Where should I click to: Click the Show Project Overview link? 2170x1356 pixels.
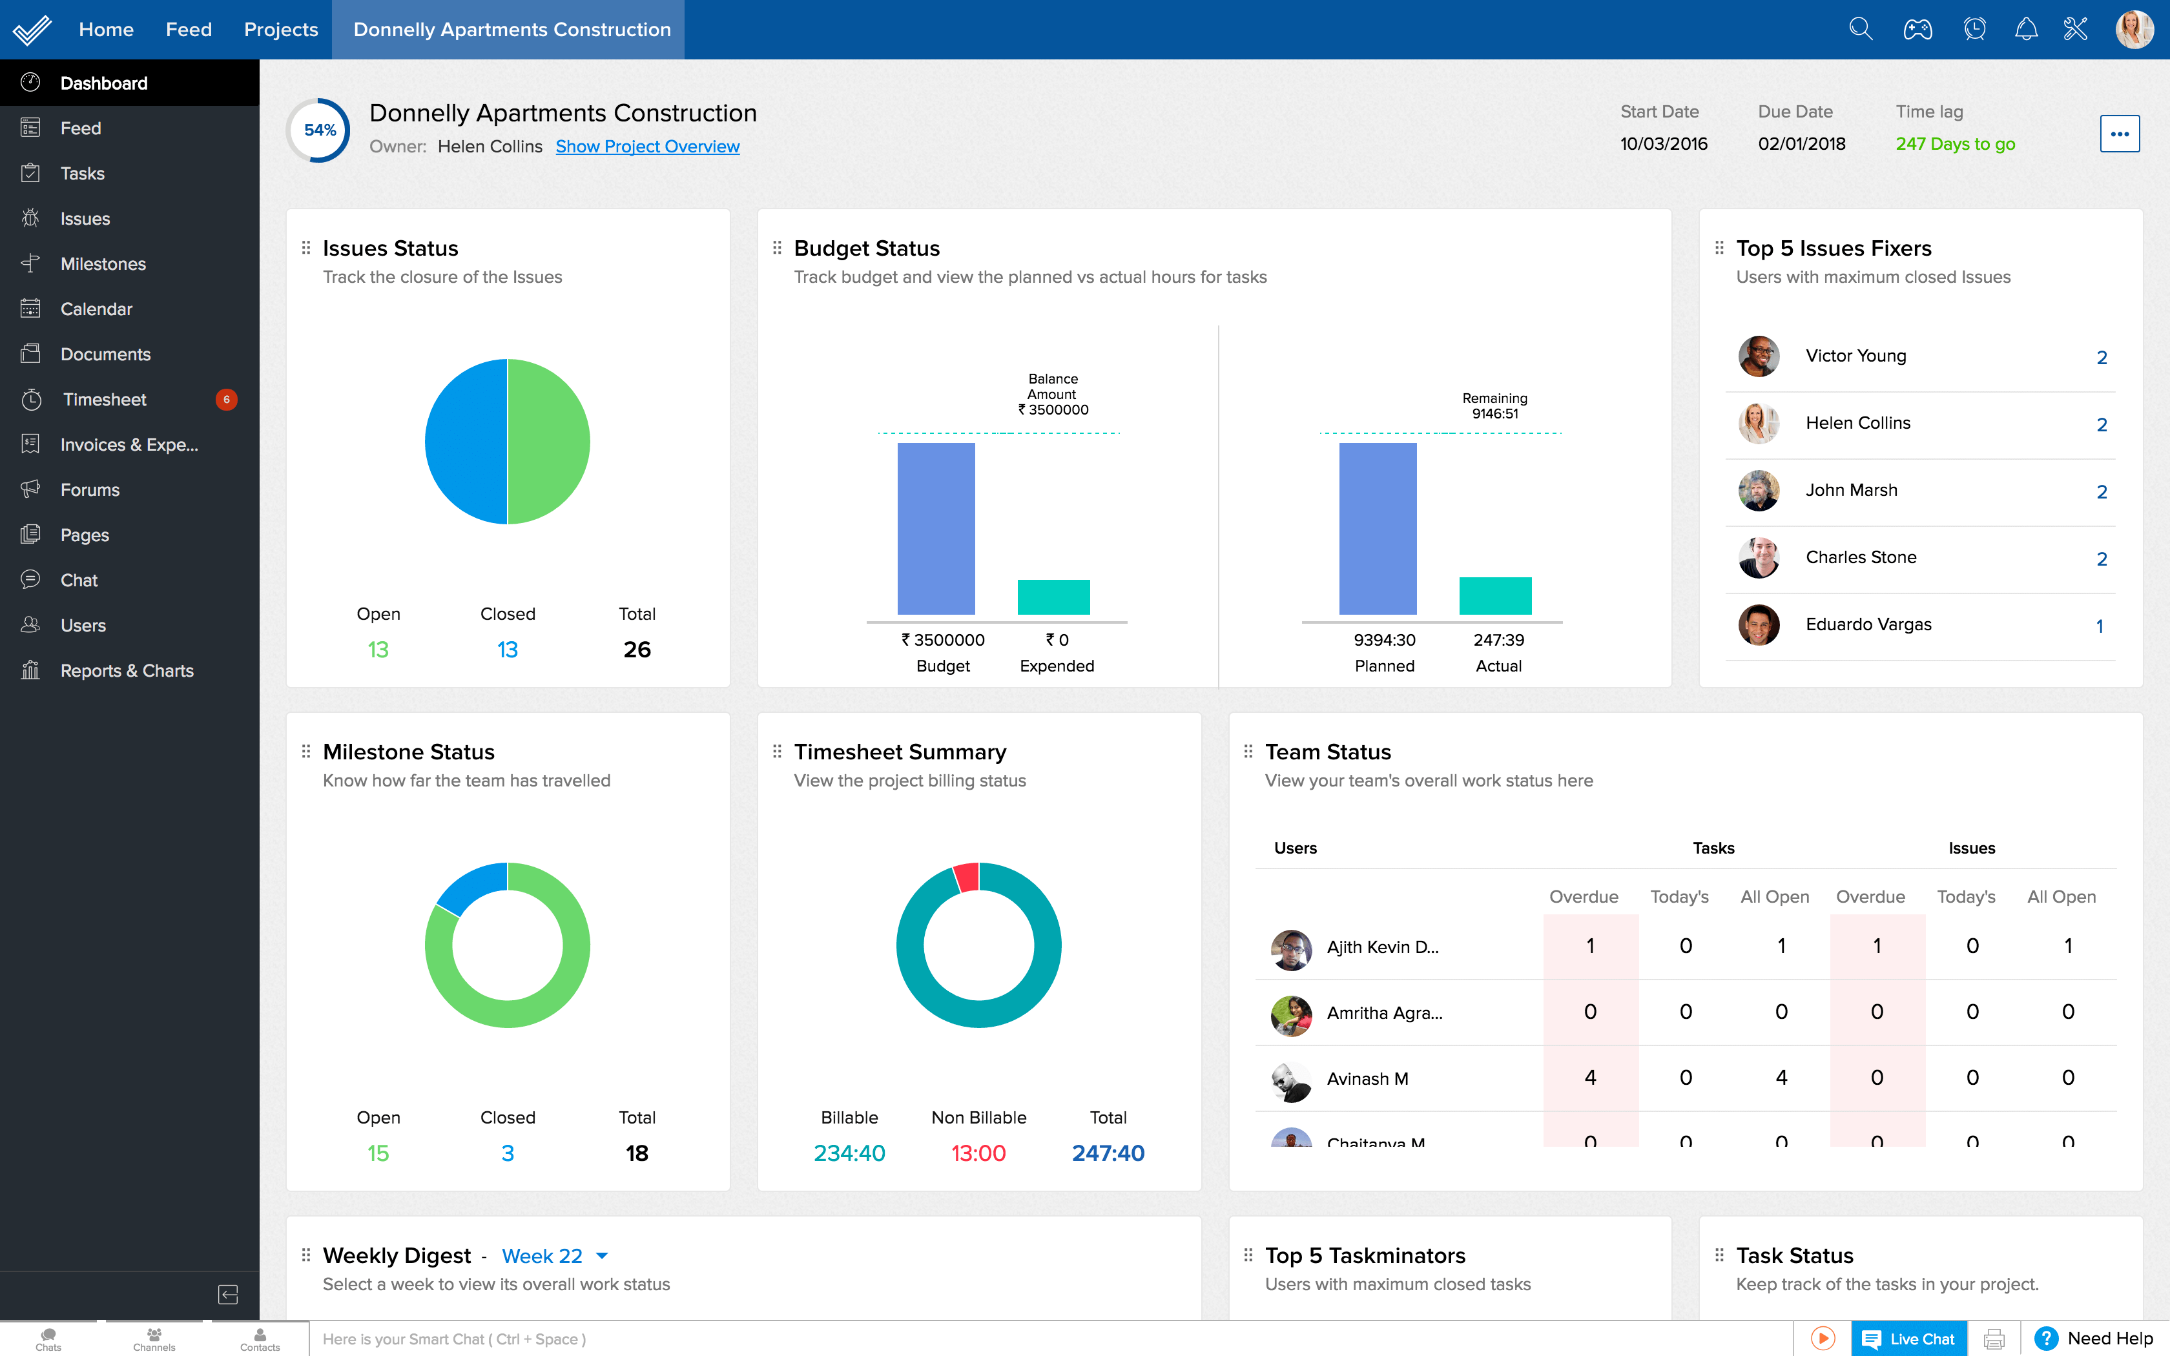(x=646, y=146)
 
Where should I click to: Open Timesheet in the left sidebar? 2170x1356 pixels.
(x=104, y=399)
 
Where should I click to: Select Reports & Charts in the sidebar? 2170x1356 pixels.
(x=127, y=671)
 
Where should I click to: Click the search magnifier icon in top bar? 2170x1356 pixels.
(x=1861, y=30)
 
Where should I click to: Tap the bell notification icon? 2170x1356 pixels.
(x=2025, y=30)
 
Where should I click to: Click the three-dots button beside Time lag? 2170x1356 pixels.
(x=2119, y=134)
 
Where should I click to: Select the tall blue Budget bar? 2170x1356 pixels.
(x=935, y=529)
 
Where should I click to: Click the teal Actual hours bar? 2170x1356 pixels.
(x=1495, y=597)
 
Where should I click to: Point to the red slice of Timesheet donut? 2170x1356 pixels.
(x=967, y=876)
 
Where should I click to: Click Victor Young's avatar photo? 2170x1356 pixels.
(x=1759, y=356)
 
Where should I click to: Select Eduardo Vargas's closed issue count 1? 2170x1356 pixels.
(x=2099, y=626)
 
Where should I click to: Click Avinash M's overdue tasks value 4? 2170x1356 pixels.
(x=1590, y=1077)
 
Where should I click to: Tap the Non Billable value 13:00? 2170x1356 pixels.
(x=978, y=1153)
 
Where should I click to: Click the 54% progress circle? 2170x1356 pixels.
(x=319, y=130)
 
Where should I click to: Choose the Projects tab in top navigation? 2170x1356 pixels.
(x=281, y=30)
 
